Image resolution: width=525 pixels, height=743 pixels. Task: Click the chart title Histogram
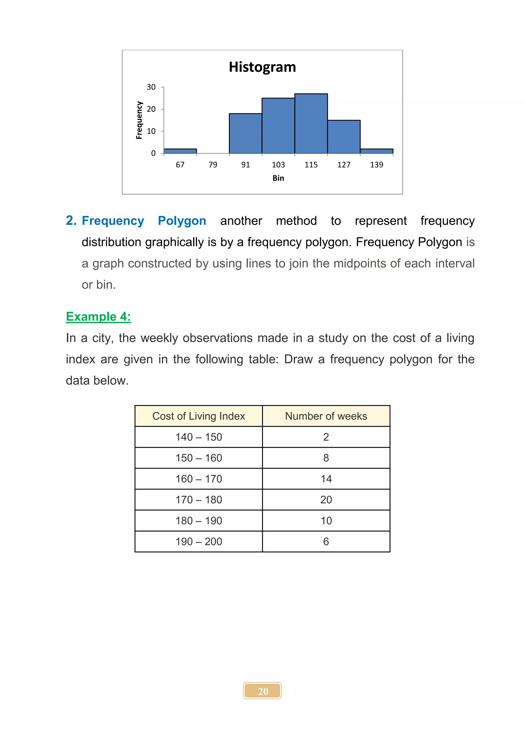[262, 67]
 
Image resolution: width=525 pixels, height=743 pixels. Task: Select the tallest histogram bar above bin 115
[311, 123]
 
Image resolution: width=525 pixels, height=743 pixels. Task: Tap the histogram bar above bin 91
[245, 133]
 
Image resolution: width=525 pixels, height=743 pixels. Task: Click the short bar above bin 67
[180, 151]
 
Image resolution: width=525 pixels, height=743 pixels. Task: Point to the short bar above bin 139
[377, 151]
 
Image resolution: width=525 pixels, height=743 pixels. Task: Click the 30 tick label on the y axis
[151, 87]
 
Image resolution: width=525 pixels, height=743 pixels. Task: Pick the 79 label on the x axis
[213, 165]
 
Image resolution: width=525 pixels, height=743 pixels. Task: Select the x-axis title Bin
[278, 178]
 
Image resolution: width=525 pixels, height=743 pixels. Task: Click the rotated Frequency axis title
[139, 120]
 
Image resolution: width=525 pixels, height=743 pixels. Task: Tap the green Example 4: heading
[98, 317]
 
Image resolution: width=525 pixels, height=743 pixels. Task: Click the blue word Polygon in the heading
[182, 221]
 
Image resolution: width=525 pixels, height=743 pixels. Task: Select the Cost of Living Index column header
[198, 416]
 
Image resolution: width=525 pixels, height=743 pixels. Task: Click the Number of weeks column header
[326, 416]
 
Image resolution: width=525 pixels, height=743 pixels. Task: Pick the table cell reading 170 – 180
[198, 500]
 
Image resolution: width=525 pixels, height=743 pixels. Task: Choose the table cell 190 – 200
[198, 541]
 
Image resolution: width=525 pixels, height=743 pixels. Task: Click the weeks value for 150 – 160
[326, 458]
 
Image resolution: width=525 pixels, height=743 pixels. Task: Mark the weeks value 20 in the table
[326, 500]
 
